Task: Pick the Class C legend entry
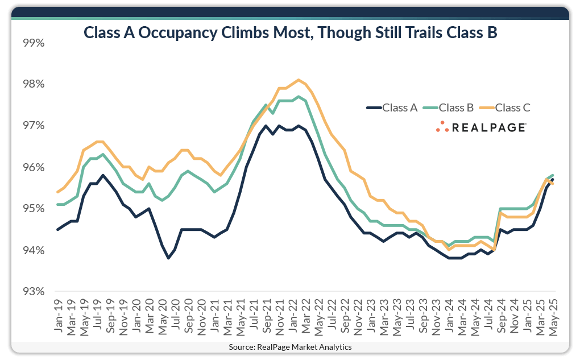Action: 512,107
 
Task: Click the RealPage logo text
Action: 488,128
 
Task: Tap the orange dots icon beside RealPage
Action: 442,127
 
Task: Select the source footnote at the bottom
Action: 290,346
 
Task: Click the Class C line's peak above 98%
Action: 299,80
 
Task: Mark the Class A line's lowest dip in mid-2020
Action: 168,258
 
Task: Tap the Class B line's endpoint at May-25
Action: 553,175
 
